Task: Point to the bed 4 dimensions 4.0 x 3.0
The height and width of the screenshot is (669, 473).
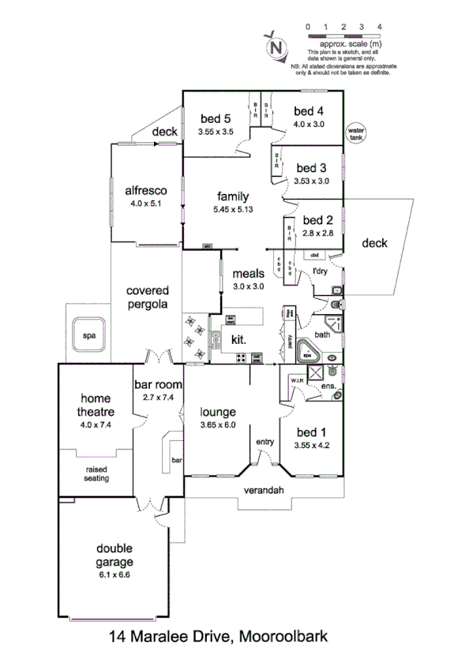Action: (309, 123)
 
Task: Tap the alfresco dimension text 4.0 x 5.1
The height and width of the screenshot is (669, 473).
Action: (144, 203)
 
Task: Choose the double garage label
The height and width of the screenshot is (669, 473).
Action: (115, 555)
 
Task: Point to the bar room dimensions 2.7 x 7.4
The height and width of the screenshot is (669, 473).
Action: (158, 398)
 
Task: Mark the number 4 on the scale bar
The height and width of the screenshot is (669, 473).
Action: (380, 26)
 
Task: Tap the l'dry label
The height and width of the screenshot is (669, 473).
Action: (320, 272)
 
